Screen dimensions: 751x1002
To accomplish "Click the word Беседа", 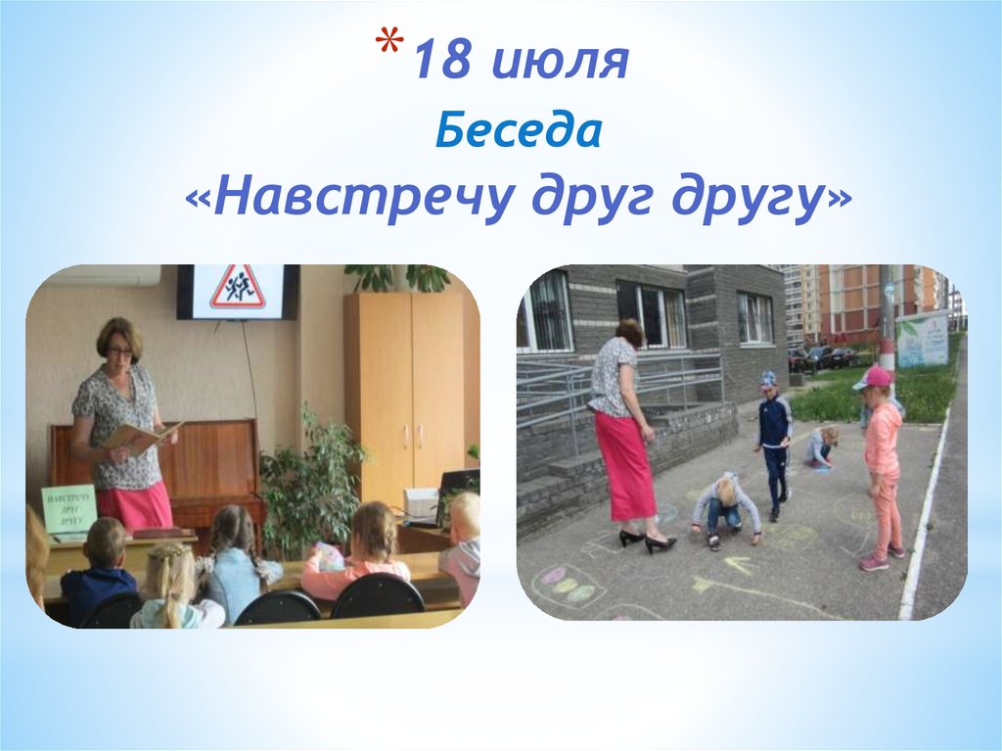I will click(518, 130).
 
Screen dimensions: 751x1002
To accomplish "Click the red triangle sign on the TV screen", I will click(238, 287).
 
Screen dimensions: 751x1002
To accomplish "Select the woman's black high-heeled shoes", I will click(647, 540).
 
